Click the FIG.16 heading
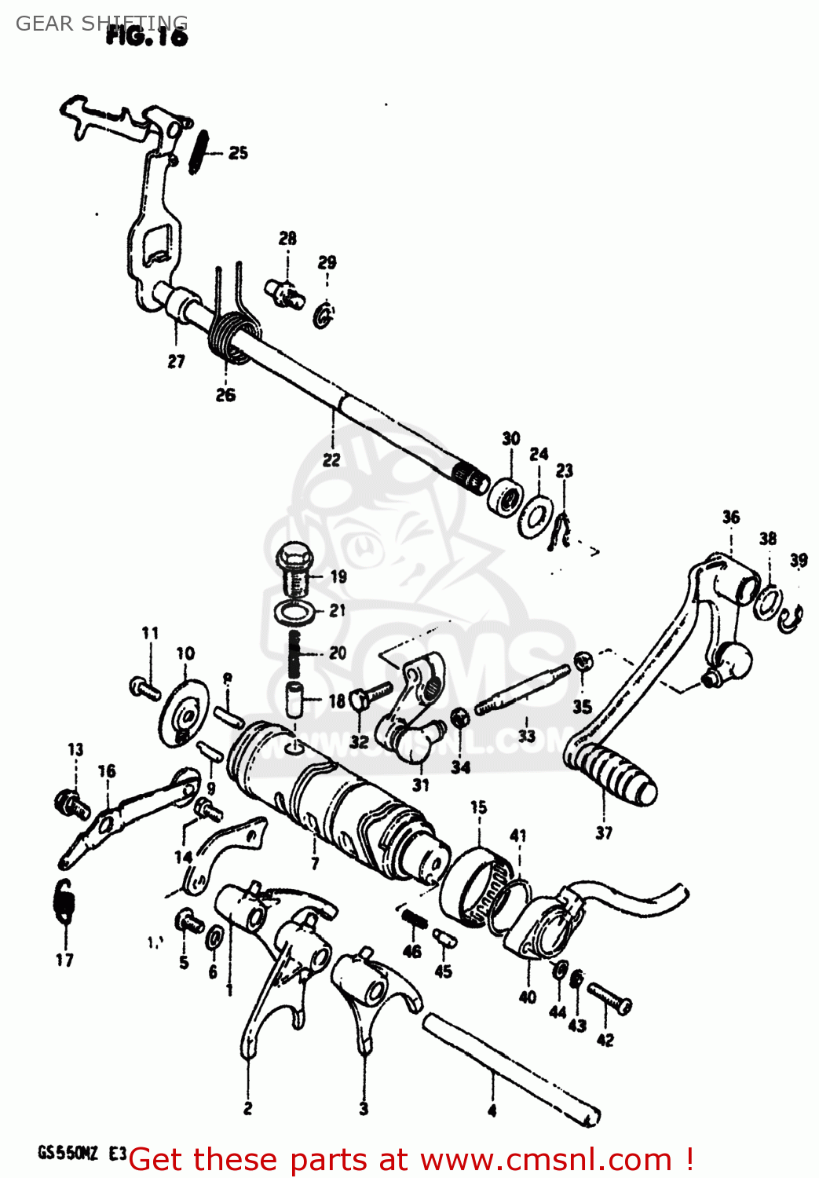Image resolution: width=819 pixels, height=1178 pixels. (147, 36)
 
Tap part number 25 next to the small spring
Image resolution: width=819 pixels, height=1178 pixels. (238, 153)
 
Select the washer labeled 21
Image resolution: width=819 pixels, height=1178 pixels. (294, 611)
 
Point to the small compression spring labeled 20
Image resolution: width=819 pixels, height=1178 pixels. (295, 652)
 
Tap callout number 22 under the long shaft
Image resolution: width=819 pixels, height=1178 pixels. (331, 459)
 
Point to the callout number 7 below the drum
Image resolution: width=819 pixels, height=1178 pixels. (315, 864)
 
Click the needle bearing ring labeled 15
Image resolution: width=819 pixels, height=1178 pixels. (476, 883)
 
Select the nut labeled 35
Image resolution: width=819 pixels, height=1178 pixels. (583, 662)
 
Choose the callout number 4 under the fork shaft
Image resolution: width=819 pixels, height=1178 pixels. (492, 1110)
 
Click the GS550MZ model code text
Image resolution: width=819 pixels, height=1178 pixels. (68, 1154)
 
